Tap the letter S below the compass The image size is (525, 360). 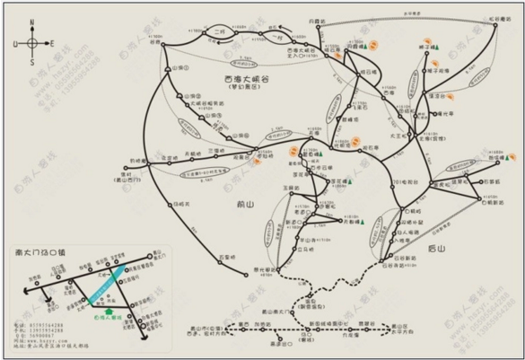point(31,62)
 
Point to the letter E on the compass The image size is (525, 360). point(51,43)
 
